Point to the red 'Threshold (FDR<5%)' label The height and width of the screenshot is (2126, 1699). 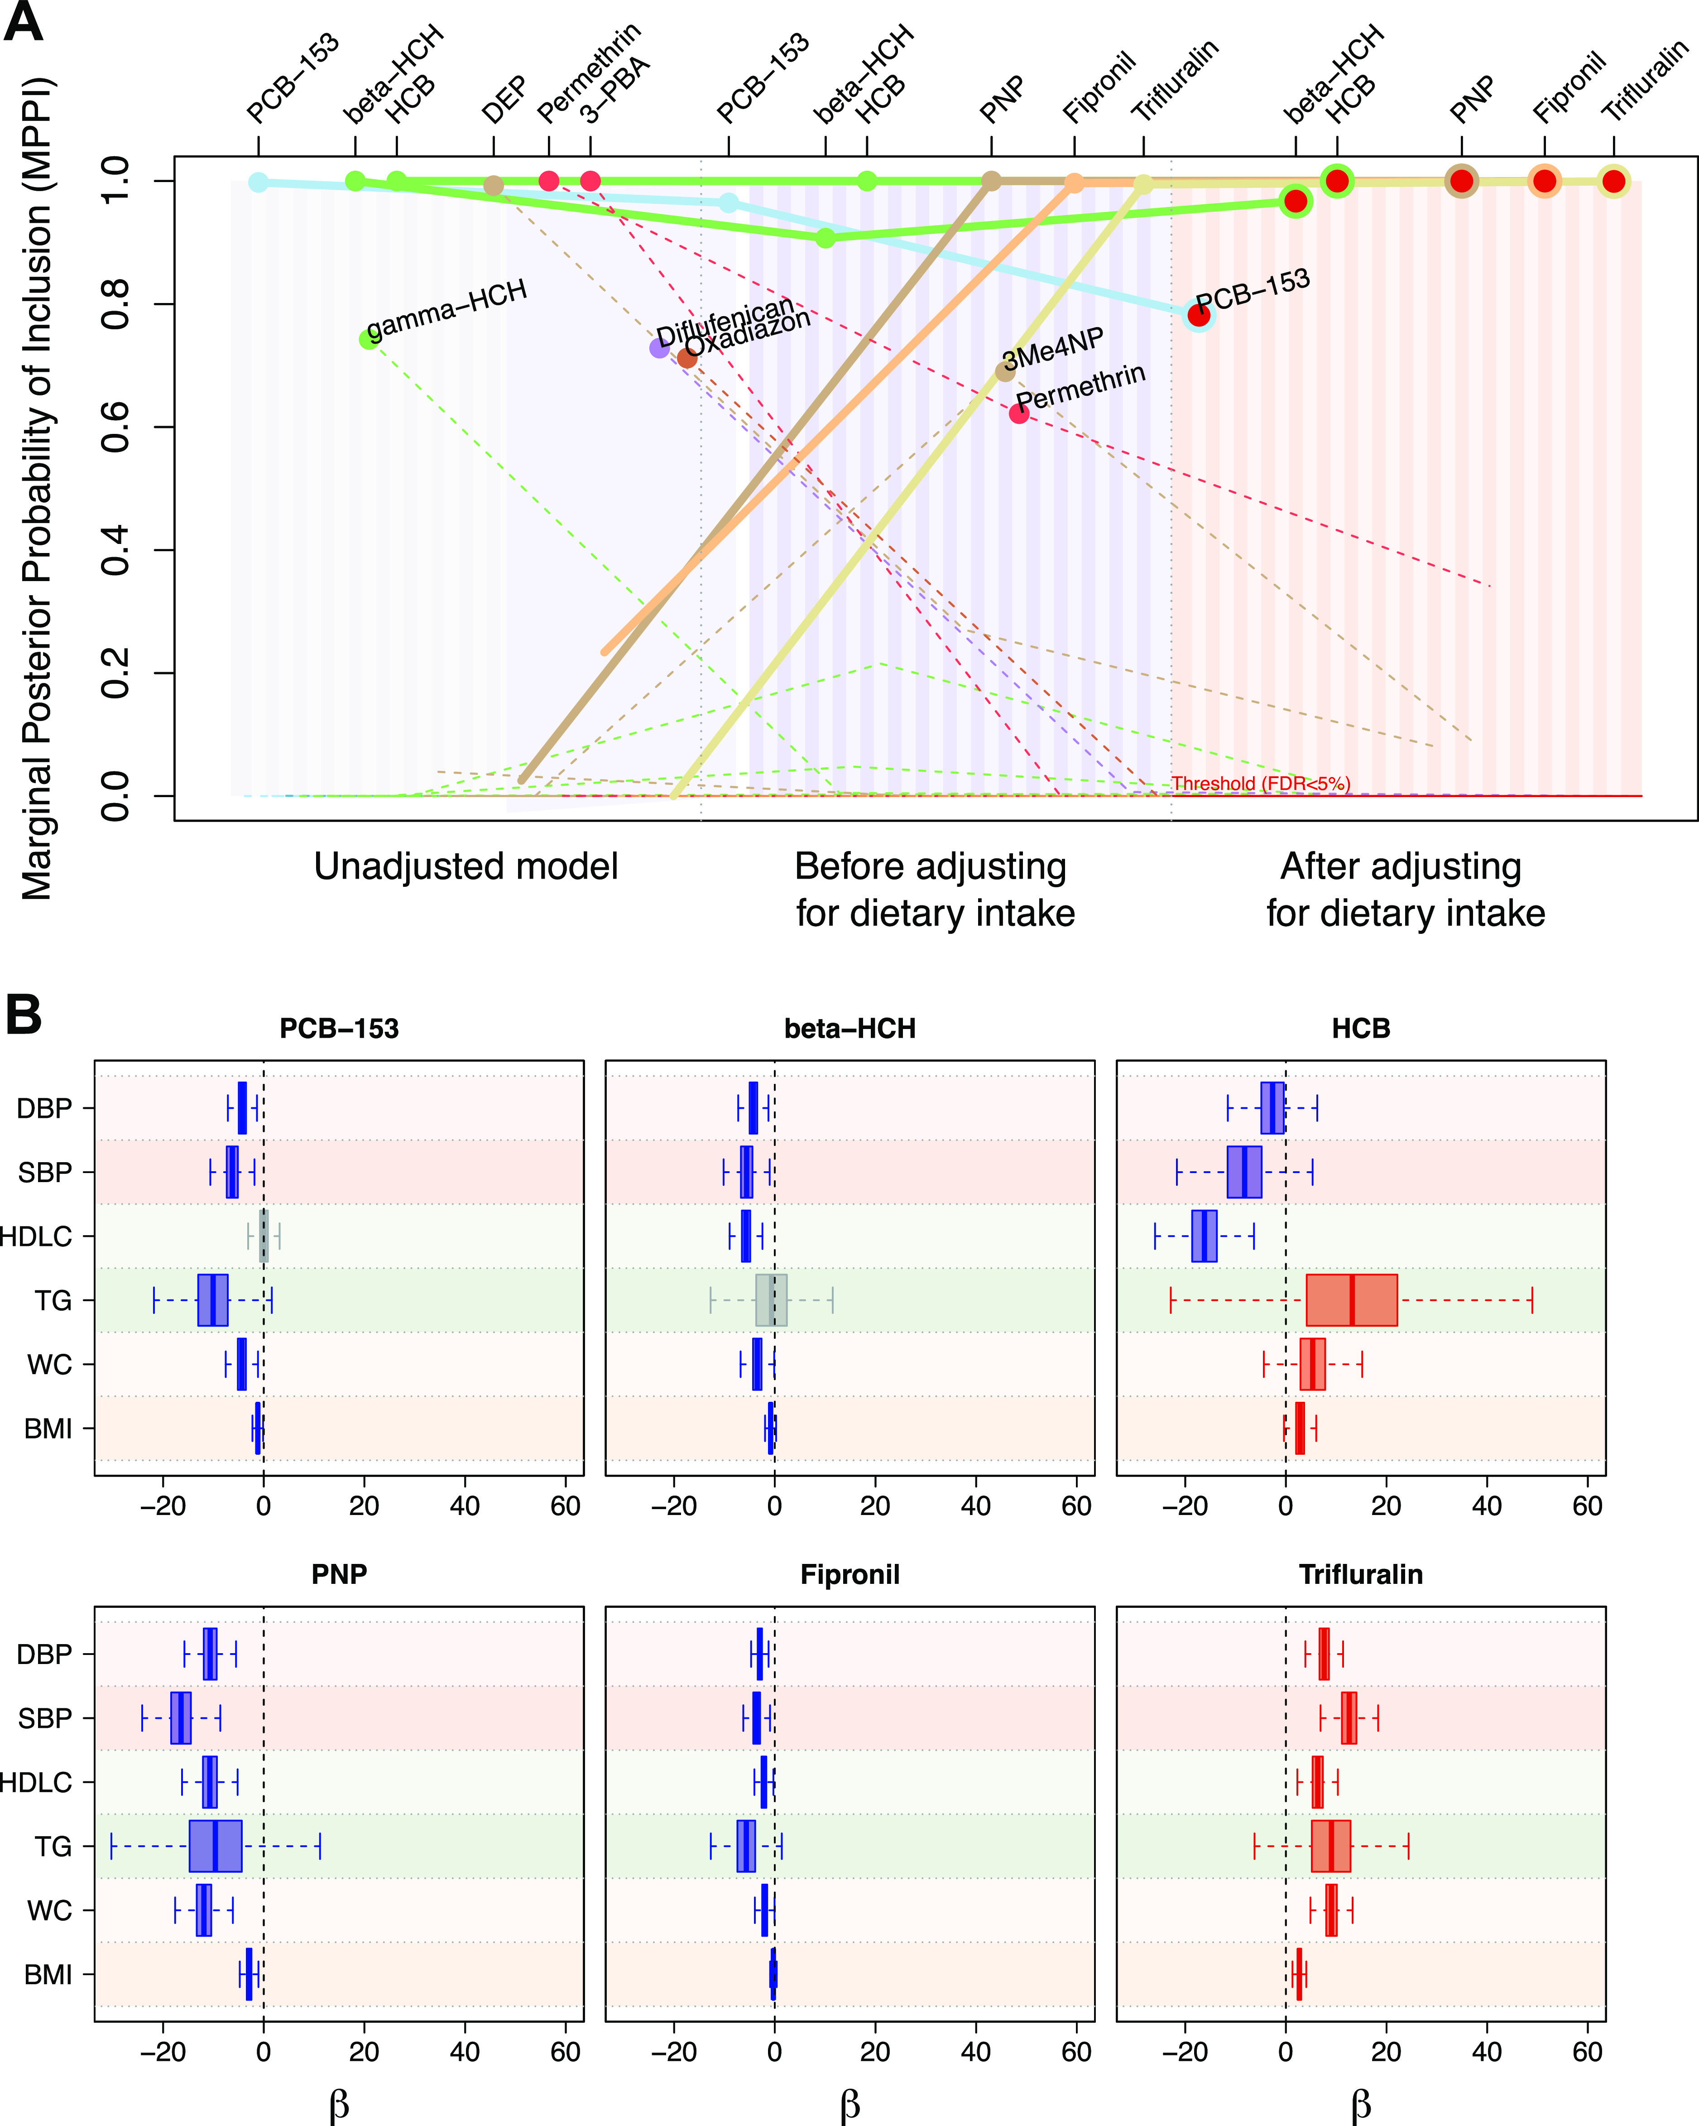[1260, 784]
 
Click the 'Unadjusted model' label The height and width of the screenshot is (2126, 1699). [466, 867]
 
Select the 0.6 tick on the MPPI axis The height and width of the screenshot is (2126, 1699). [115, 427]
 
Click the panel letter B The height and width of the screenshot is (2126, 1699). [24, 1015]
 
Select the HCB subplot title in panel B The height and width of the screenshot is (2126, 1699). [1361, 1029]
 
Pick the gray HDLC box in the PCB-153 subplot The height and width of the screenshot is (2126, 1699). [263, 1236]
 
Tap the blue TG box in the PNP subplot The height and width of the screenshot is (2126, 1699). [215, 1846]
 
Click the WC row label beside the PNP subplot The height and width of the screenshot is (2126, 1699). [49, 1910]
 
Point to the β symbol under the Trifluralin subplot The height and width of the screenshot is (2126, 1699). [1361, 2103]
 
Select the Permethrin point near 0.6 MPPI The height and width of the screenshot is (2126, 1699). [1018, 413]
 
